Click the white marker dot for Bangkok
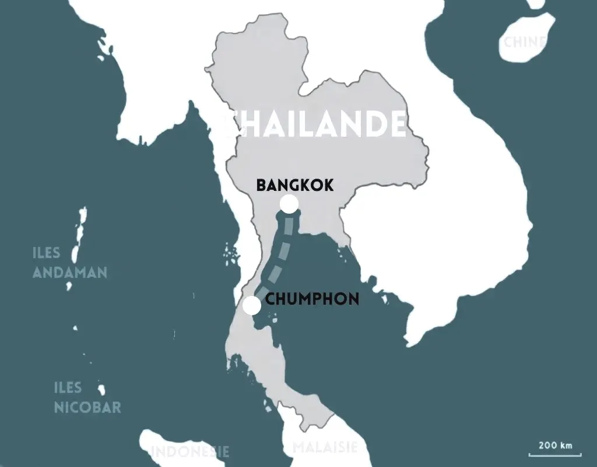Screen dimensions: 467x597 point(289,204)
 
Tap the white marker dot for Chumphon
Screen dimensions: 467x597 point(252,305)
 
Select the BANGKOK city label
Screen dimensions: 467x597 point(295,186)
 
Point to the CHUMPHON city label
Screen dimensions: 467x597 point(312,300)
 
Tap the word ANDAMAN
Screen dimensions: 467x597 point(70,272)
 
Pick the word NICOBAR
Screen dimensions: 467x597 point(87,407)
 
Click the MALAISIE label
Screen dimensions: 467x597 point(324,448)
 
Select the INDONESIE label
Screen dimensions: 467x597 point(190,451)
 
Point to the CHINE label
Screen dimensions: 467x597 point(525,42)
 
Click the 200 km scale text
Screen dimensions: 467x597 point(556,445)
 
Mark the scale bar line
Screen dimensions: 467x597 point(555,454)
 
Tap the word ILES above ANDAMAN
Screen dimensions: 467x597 point(47,253)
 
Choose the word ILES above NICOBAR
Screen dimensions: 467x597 point(68,388)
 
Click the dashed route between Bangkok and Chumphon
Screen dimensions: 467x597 point(281,252)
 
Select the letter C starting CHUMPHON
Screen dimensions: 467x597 point(270,300)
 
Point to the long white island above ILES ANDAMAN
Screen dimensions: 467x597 point(79,231)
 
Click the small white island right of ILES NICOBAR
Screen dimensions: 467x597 point(101,389)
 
